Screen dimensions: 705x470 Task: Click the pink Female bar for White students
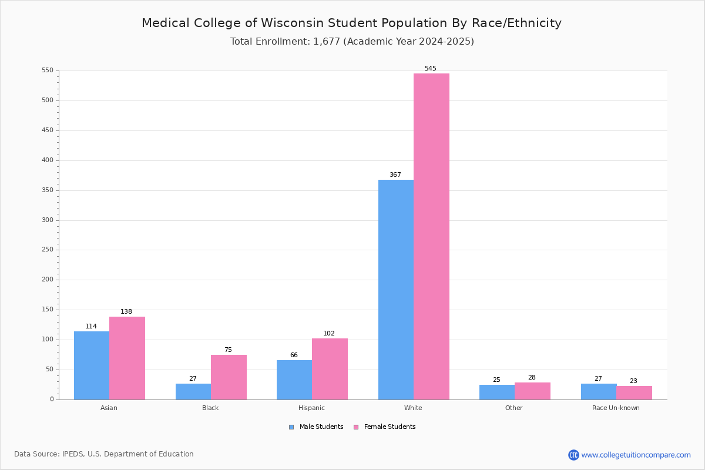[x=431, y=236]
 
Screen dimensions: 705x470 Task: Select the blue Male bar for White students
[x=396, y=290]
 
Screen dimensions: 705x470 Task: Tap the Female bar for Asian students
[x=127, y=358]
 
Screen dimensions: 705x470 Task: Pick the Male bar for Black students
[x=193, y=392]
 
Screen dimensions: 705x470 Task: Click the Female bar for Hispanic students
[x=330, y=369]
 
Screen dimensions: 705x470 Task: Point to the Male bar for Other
[x=497, y=392]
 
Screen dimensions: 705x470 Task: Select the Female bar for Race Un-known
[x=634, y=393]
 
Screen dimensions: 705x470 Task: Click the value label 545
[x=431, y=68]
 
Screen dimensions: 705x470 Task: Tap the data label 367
[x=395, y=174]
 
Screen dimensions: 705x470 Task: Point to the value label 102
[x=329, y=333]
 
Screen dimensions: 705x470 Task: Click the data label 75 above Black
[x=228, y=350]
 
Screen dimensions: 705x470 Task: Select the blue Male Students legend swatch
[x=291, y=427]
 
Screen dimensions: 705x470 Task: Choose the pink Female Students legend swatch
[x=356, y=427]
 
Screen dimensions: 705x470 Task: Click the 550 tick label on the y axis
[x=48, y=70]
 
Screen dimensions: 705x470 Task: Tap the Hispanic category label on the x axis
[x=311, y=408]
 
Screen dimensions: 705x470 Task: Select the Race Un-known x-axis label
[x=616, y=408]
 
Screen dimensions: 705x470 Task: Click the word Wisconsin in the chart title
[x=293, y=23]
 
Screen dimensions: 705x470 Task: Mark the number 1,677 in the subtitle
[x=327, y=42]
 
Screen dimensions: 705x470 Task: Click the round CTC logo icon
[x=574, y=455]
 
